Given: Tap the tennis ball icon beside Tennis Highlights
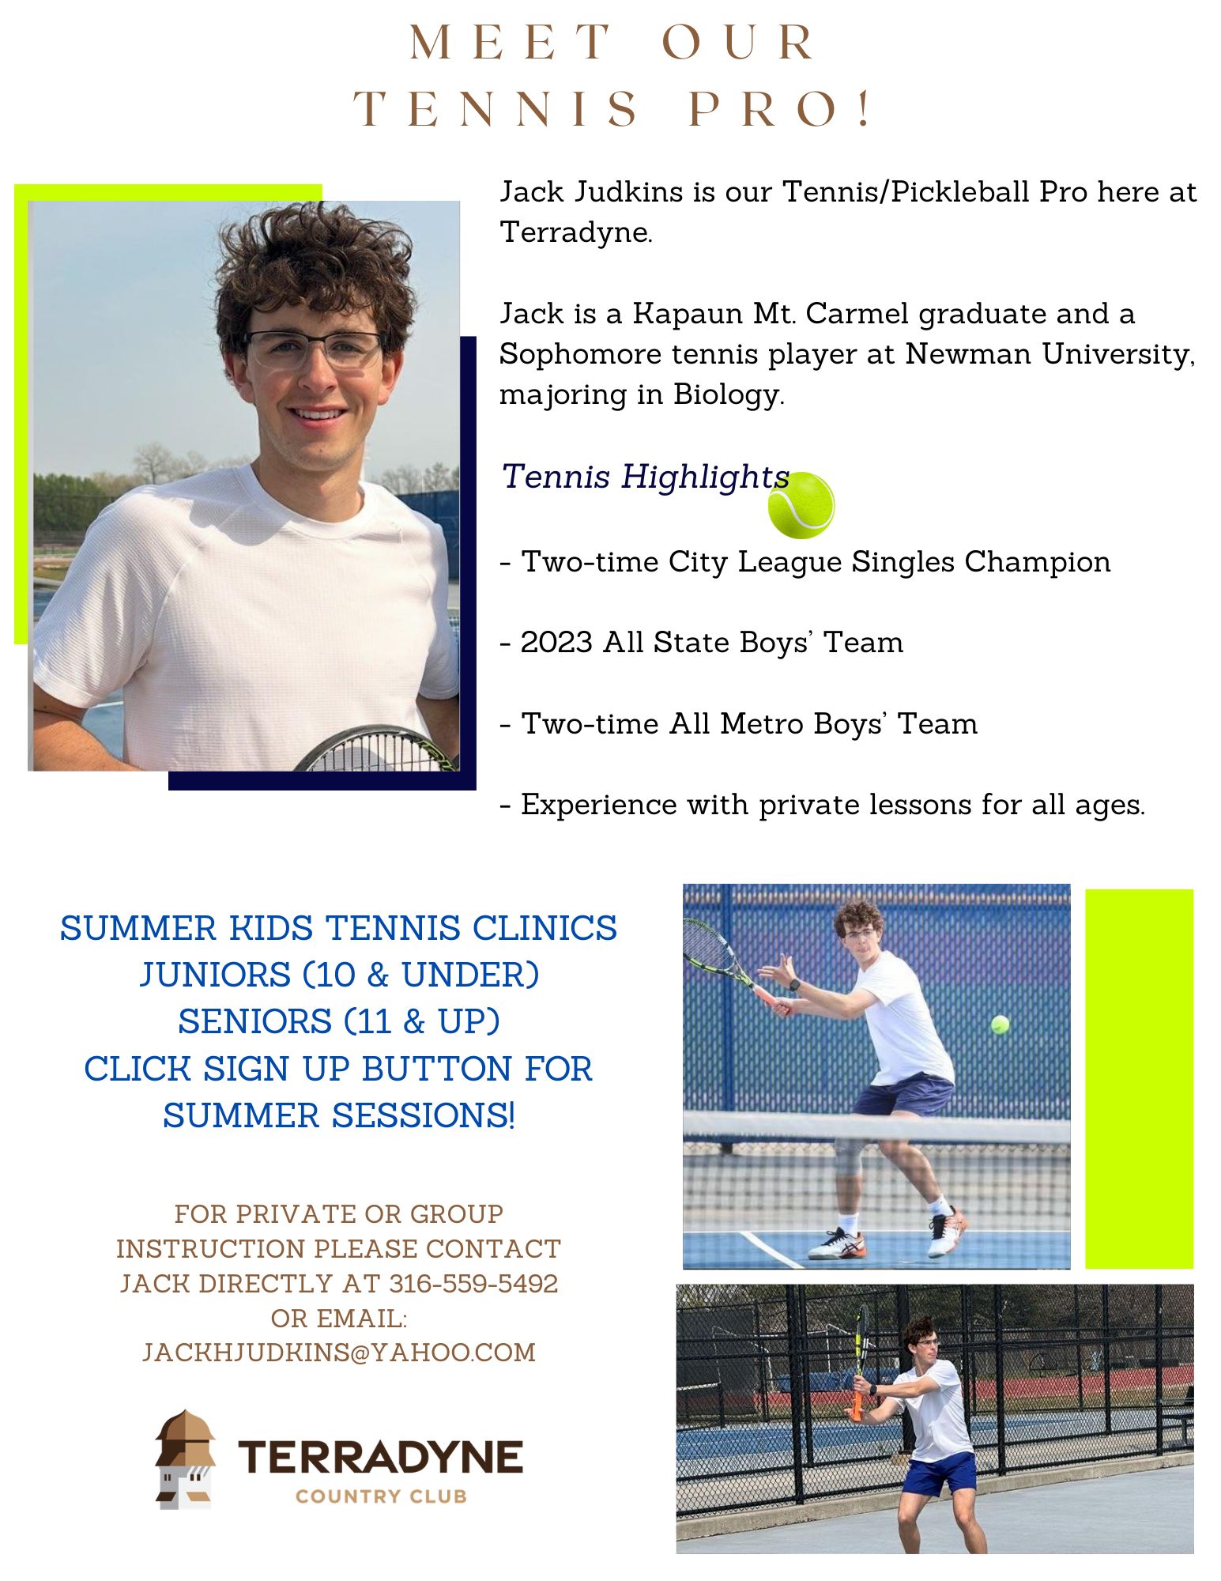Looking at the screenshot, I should pos(801,505).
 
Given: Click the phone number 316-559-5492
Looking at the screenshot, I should pos(473,1283).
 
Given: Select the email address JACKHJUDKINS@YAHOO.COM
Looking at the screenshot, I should pos(339,1353).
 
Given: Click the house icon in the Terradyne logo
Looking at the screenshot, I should pos(185,1459).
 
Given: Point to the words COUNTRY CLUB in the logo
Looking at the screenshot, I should pos(381,1496).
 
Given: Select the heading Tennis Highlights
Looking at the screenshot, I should pos(645,477).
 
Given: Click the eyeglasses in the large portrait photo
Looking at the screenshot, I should pos(315,349).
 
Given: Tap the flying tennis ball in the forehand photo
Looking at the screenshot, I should pos(1000,1024).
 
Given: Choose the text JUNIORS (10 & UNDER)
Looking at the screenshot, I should pos(339,975).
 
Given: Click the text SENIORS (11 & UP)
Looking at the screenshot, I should pos(339,1021).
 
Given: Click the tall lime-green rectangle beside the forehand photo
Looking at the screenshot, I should pos(1139,1078).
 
